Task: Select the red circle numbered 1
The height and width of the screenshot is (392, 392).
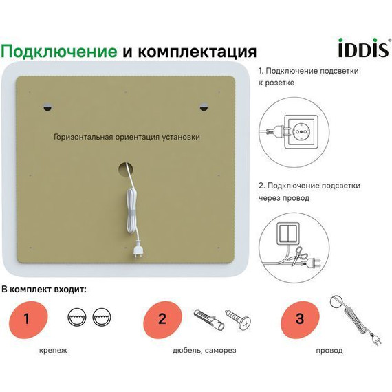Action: [x=27, y=318]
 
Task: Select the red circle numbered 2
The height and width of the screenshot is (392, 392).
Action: [x=162, y=318]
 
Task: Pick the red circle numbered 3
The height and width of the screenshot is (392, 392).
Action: [x=299, y=318]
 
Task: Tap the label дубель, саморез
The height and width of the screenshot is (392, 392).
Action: [x=204, y=351]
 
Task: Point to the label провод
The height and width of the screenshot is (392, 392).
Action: [x=329, y=351]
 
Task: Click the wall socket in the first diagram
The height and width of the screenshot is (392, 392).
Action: [x=301, y=129]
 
